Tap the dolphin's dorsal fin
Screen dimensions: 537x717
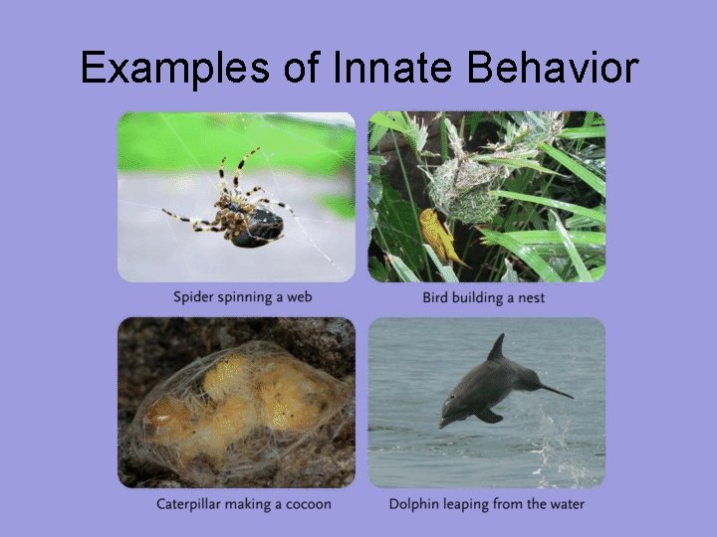(x=496, y=348)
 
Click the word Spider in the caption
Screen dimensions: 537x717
(x=194, y=297)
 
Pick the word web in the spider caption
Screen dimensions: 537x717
(x=299, y=297)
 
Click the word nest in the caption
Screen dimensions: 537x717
(x=529, y=297)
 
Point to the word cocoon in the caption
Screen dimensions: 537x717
(x=306, y=504)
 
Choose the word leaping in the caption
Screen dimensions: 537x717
(x=471, y=504)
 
